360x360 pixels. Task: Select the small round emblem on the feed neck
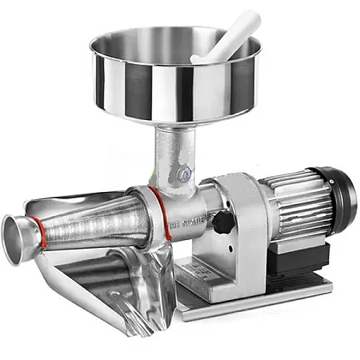tap(185, 171)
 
